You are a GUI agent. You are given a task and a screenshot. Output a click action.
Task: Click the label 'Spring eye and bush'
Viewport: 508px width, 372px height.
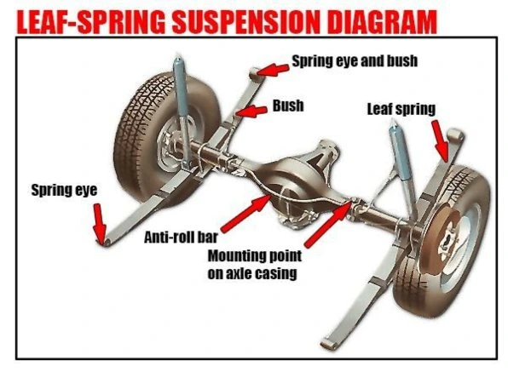[x=355, y=61]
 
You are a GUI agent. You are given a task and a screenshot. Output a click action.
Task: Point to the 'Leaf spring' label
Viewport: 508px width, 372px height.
[x=401, y=109]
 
